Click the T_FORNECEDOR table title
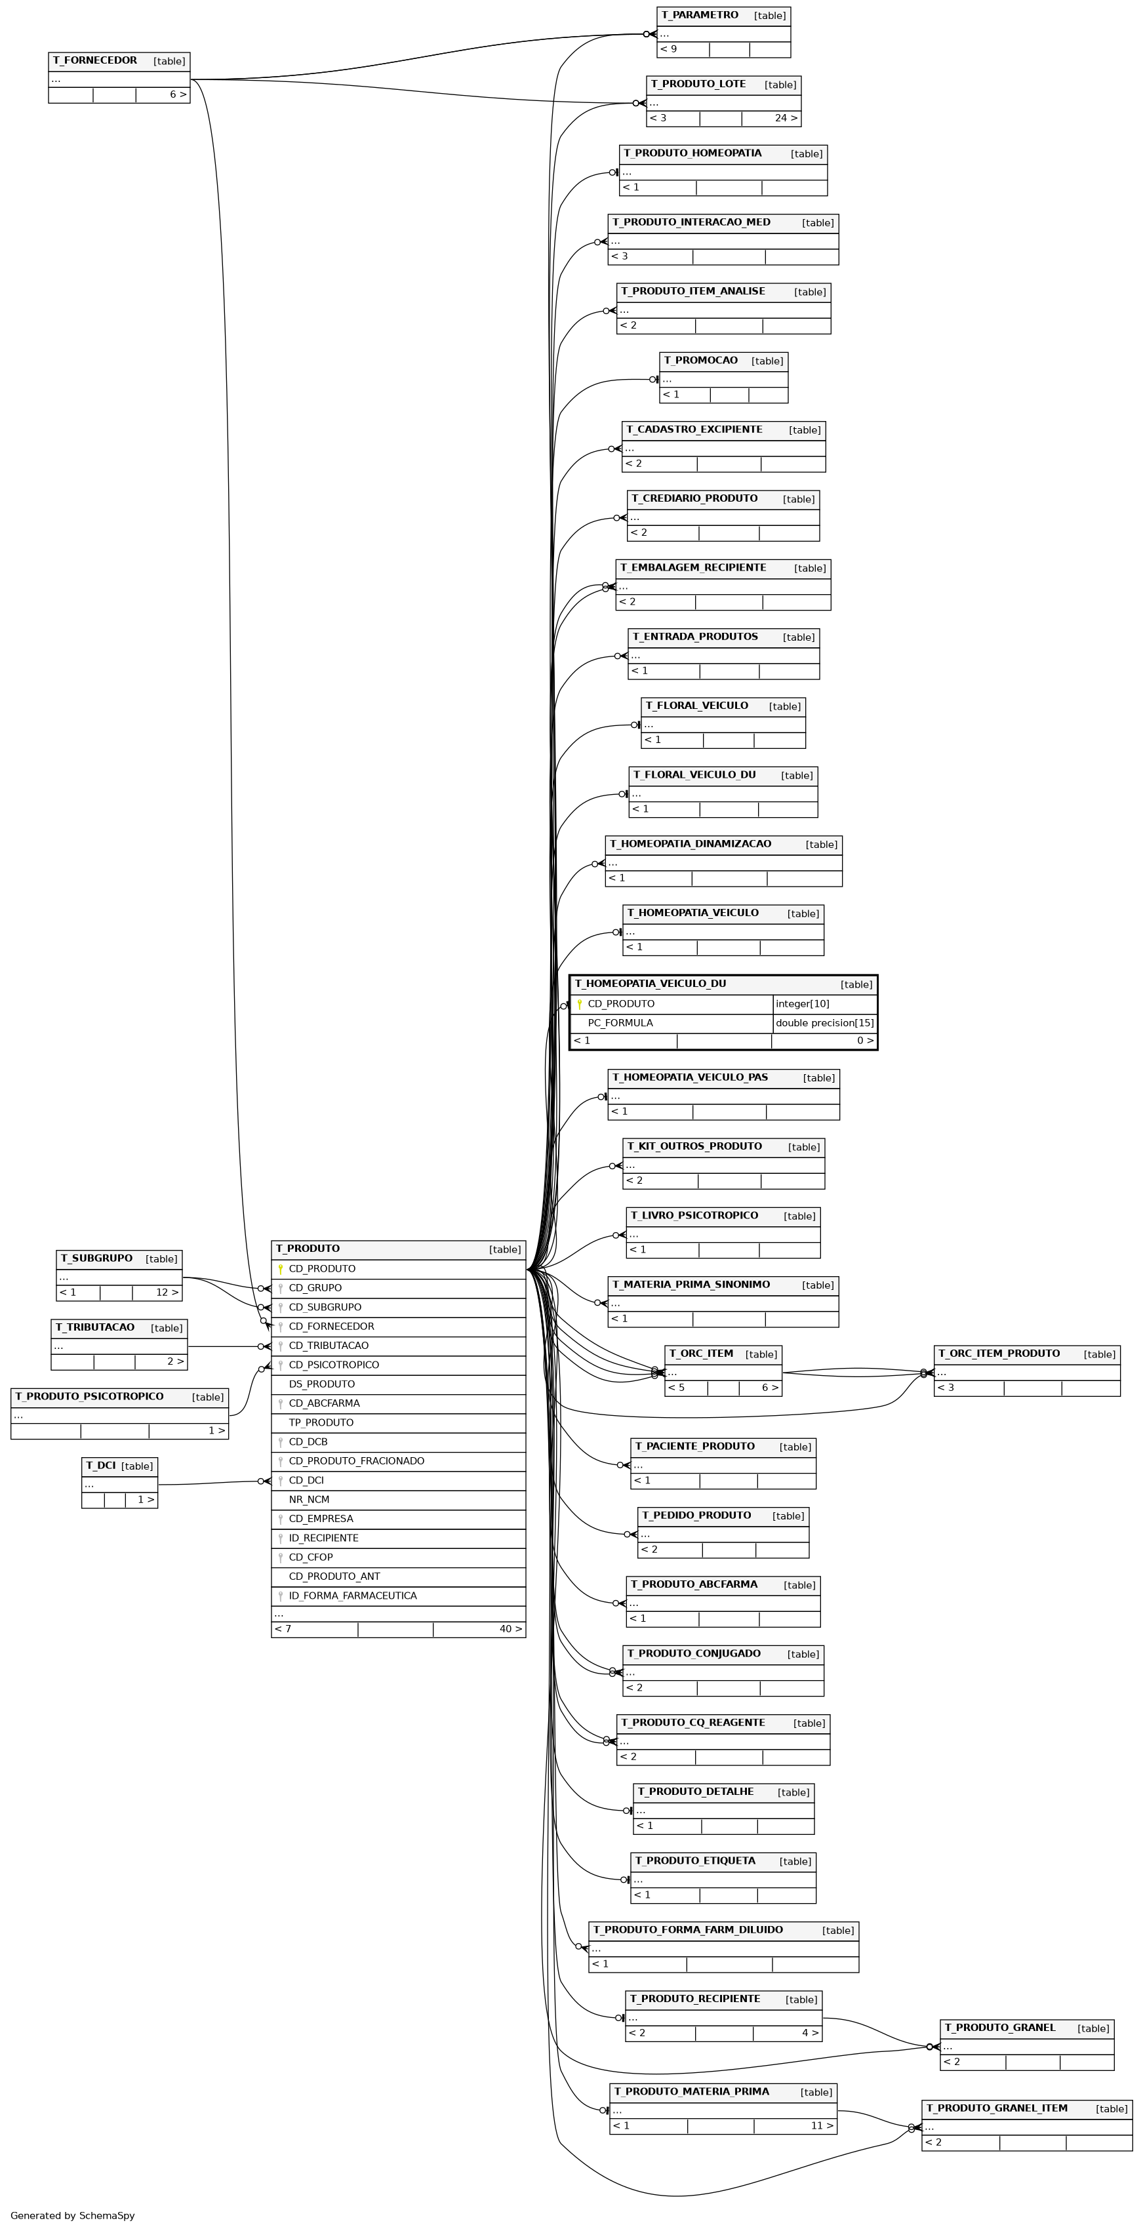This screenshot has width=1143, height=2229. (x=94, y=60)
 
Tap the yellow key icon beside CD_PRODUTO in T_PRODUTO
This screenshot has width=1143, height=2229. (x=281, y=1270)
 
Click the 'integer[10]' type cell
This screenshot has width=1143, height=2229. (x=802, y=1004)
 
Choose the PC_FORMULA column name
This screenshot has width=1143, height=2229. (x=620, y=1023)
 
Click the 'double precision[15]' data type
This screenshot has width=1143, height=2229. (x=824, y=1023)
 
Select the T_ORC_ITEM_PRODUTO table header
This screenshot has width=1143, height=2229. (x=999, y=1354)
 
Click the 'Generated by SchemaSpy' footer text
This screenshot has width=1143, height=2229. (x=73, y=2215)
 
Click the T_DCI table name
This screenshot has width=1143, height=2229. (x=100, y=1465)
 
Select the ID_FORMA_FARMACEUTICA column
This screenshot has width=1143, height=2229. (x=352, y=1595)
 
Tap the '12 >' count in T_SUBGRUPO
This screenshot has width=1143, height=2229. (x=167, y=1292)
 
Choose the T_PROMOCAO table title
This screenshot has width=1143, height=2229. (x=701, y=360)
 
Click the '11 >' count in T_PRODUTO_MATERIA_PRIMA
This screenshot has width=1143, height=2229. (x=822, y=2125)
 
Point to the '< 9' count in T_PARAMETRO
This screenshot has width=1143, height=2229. (x=668, y=49)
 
